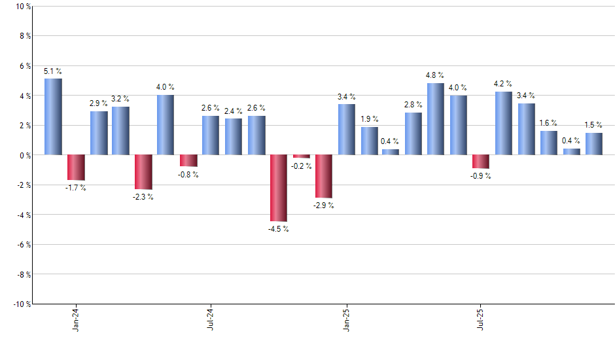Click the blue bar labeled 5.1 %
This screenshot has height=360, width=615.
click(54, 117)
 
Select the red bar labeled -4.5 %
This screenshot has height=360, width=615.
click(279, 188)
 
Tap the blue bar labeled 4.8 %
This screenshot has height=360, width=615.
click(436, 119)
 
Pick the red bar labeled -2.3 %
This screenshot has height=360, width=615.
click(143, 171)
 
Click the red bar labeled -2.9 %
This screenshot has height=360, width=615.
click(324, 176)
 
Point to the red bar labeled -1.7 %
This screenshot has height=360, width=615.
click(77, 167)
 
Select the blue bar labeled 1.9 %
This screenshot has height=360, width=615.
click(370, 141)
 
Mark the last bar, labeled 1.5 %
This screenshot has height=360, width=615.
click(594, 144)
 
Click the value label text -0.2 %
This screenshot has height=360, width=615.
click(301, 166)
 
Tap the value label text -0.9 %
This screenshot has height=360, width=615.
click(481, 176)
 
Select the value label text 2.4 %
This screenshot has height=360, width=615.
click(234, 111)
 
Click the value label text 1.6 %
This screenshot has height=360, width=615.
click(549, 123)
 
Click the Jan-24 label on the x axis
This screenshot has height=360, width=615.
click(76, 319)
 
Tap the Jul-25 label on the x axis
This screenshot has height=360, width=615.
click(481, 319)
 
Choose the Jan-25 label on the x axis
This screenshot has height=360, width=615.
click(346, 319)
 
